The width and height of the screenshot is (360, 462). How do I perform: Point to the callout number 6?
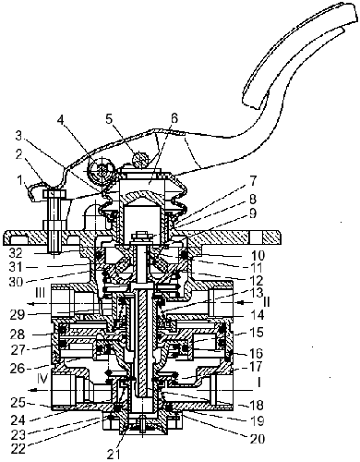coord(174,118)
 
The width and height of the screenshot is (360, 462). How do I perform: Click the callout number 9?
coord(253,213)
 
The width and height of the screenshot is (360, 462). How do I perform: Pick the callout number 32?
coord(17,253)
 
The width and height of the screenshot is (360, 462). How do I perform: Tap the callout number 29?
coord(17,315)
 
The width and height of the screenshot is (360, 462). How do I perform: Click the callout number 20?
coord(258,439)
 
